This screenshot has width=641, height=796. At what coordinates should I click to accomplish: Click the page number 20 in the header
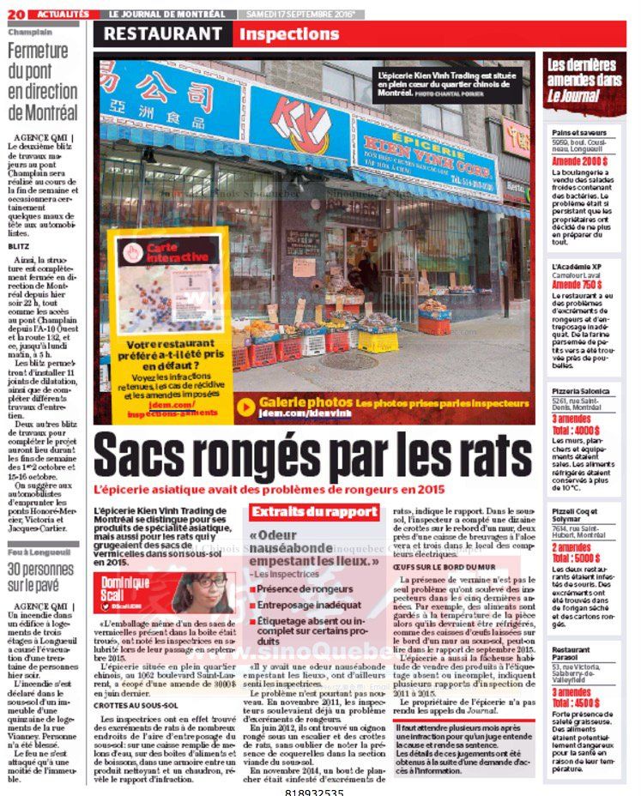click(x=18, y=14)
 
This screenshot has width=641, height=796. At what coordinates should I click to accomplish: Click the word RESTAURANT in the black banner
click(x=163, y=34)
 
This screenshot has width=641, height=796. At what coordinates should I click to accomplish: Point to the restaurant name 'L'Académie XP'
click(x=577, y=267)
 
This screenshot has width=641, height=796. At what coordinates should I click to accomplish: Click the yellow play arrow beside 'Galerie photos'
click(x=245, y=406)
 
